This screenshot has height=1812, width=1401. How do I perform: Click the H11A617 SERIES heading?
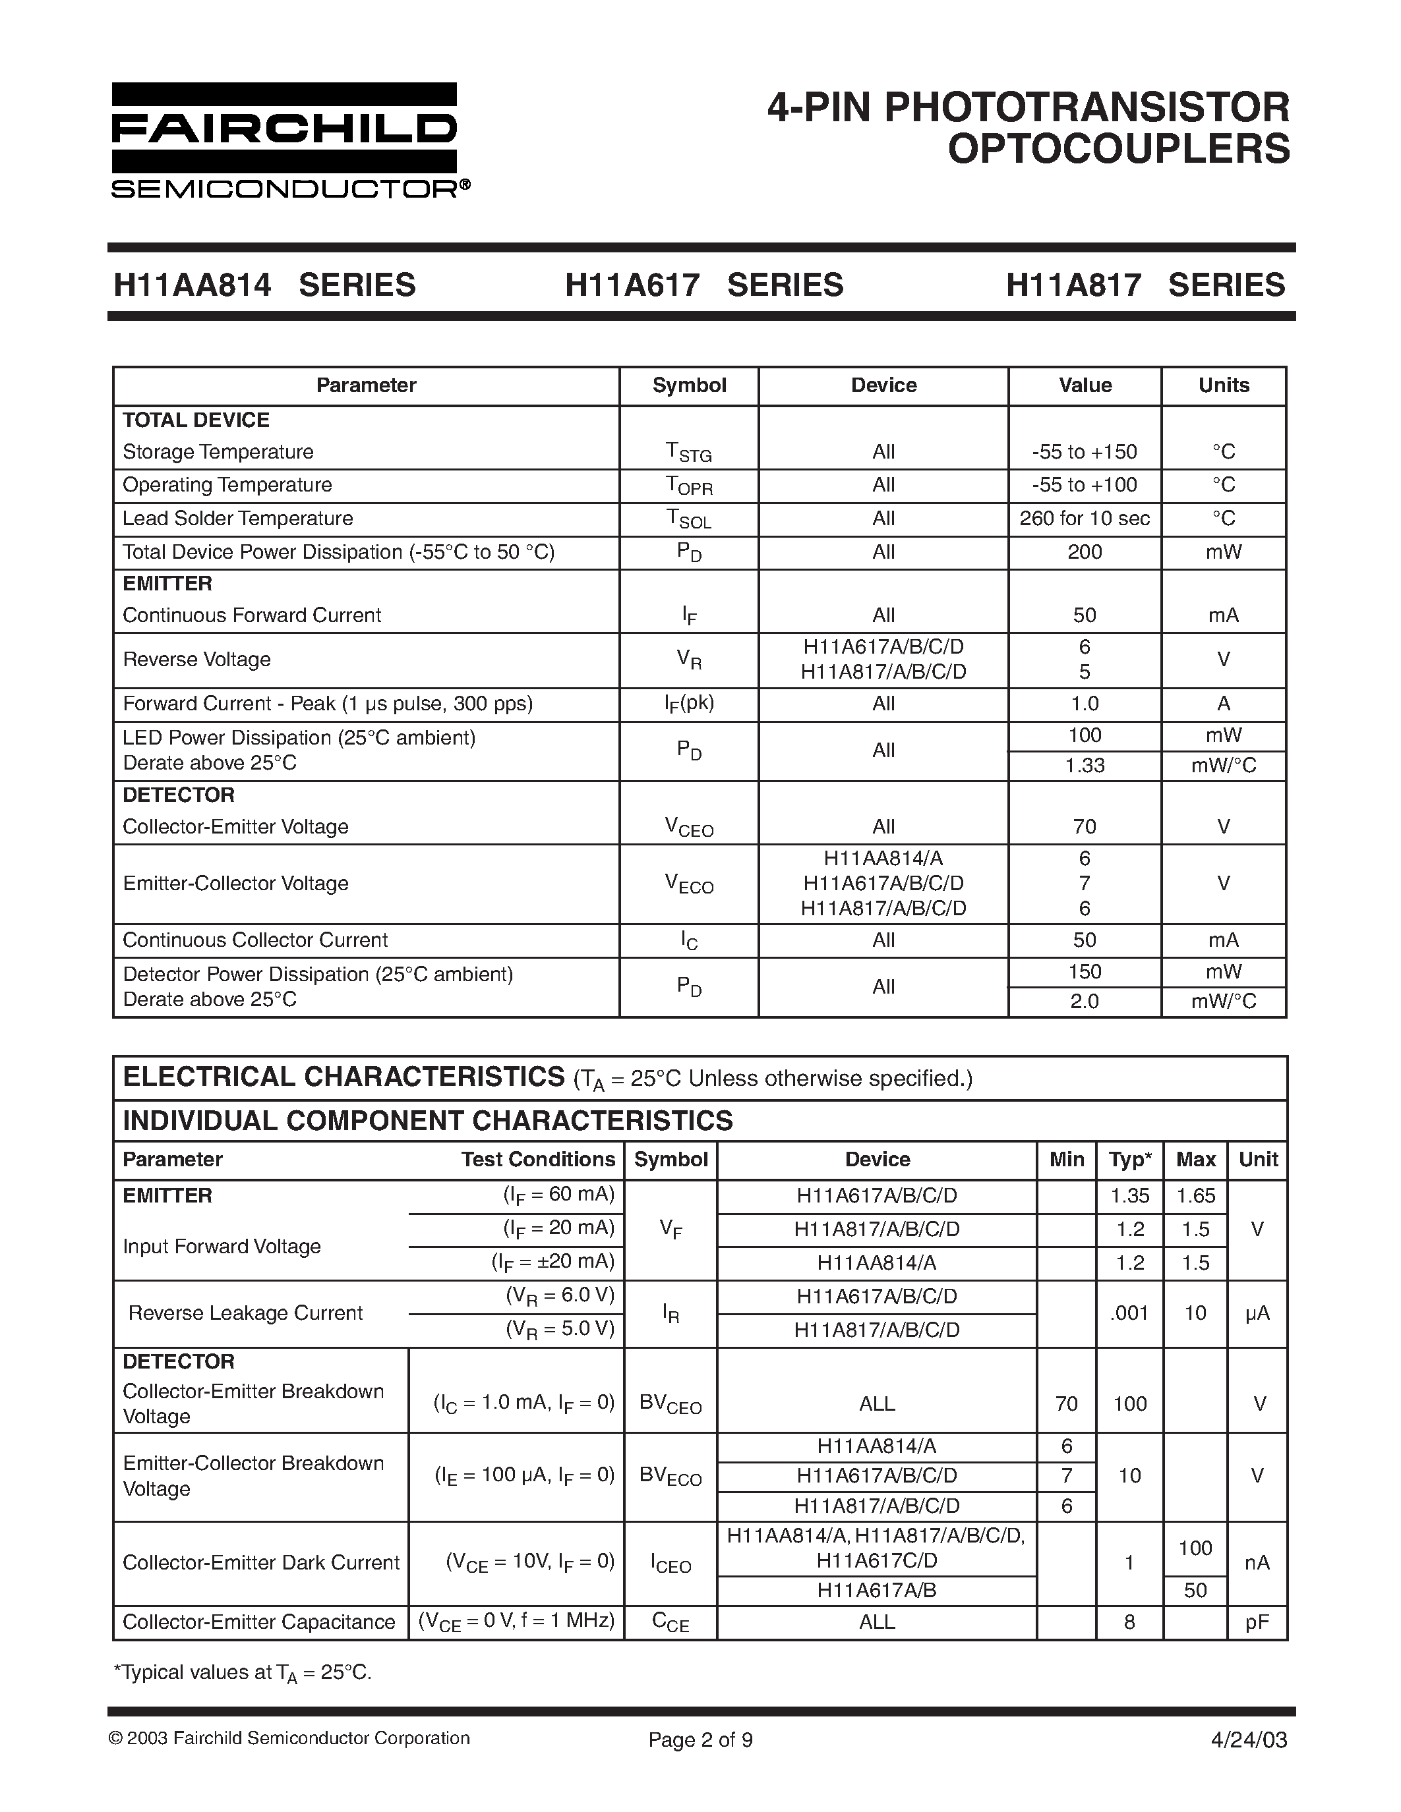(704, 285)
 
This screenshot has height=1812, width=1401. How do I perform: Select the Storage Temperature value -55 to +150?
(1084, 452)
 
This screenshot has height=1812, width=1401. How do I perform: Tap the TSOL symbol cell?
(689, 519)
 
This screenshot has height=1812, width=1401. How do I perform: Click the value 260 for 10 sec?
(1084, 519)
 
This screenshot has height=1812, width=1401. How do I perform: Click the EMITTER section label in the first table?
(167, 583)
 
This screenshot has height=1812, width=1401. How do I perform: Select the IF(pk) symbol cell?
(689, 704)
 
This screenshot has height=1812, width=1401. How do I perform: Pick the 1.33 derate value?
(1084, 765)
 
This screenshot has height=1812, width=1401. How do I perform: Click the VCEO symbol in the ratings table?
(689, 827)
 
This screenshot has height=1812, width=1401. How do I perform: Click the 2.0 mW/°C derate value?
(1084, 1002)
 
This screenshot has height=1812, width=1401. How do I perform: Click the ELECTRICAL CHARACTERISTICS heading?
(343, 1077)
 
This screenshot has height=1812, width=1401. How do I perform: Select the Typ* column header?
(1129, 1159)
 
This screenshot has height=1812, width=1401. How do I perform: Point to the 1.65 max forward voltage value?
(1195, 1195)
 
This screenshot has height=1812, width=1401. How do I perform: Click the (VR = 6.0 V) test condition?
(560, 1295)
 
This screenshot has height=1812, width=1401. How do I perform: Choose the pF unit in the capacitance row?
(1257, 1622)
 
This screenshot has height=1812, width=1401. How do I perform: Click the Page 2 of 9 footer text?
(700, 1740)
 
